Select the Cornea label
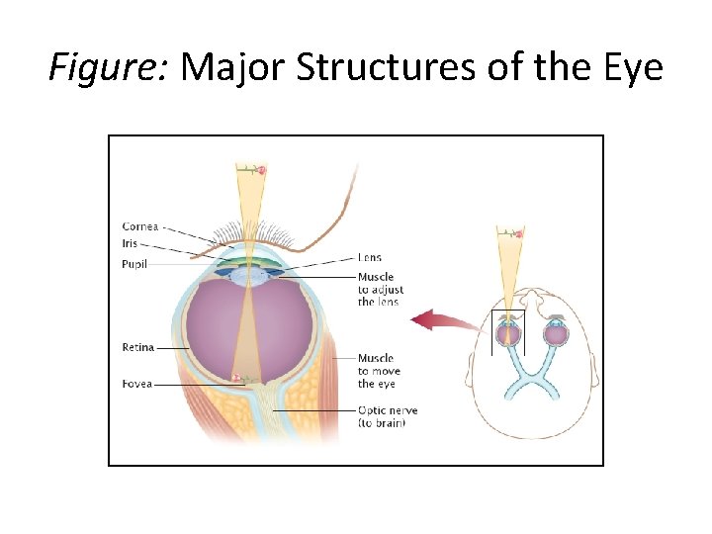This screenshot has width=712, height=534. (x=140, y=227)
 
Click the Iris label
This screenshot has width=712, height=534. (x=131, y=243)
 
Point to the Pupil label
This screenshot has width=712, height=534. (x=135, y=264)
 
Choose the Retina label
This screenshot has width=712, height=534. (x=137, y=347)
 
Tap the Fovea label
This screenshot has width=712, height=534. (x=136, y=383)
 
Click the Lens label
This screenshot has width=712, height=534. (x=369, y=258)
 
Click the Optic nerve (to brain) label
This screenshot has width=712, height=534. (x=388, y=416)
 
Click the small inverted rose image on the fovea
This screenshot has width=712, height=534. (x=236, y=377)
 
